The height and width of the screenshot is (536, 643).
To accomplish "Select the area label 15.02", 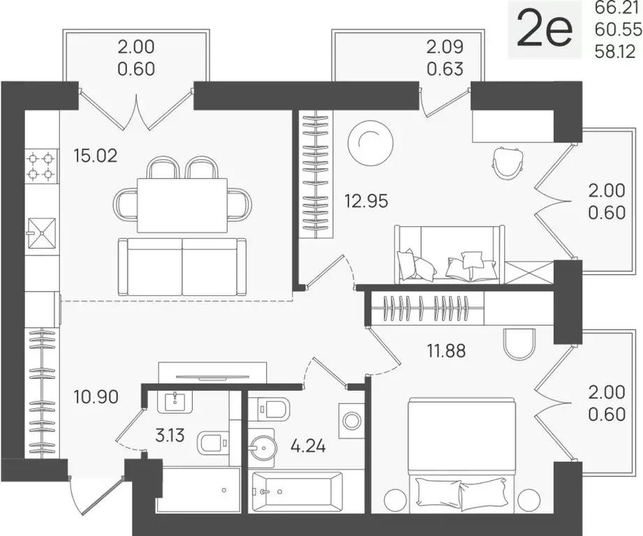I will (x=96, y=154).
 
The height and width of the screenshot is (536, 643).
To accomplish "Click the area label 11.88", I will (x=446, y=348).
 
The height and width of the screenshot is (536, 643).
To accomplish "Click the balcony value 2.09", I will (x=445, y=49).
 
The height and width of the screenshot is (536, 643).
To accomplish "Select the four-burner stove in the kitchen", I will (x=40, y=165).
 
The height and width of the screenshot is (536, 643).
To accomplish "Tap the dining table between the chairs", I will (x=182, y=205).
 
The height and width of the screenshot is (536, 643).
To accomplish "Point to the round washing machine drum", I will (x=351, y=420).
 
